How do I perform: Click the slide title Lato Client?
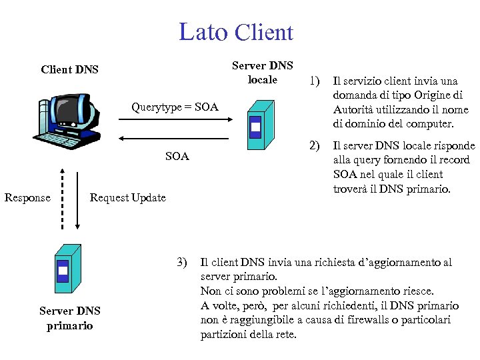pyautogui.click(x=236, y=32)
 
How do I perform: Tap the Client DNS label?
pyautogui.click(x=69, y=69)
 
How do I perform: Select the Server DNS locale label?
pyautogui.click(x=262, y=73)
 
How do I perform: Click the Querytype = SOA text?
pyautogui.click(x=175, y=107)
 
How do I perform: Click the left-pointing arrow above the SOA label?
pyautogui.click(x=175, y=139)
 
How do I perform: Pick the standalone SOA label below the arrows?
pyautogui.click(x=177, y=157)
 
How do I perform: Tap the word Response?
pyautogui.click(x=27, y=197)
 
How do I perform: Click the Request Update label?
pyautogui.click(x=127, y=197)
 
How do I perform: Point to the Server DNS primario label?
pyautogui.click(x=69, y=318)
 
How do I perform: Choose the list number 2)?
pyautogui.click(x=313, y=146)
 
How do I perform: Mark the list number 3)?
pyautogui.click(x=183, y=261)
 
